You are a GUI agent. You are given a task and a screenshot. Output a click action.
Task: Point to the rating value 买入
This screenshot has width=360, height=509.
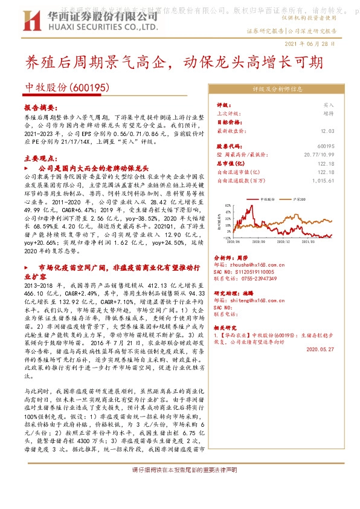[x=329, y=105]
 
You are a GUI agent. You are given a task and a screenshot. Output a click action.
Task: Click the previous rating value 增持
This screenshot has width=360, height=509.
[x=329, y=113]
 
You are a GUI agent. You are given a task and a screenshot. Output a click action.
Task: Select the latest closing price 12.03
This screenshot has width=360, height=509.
[x=327, y=130]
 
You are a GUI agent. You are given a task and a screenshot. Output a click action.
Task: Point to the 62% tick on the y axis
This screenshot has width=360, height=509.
[x=227, y=206]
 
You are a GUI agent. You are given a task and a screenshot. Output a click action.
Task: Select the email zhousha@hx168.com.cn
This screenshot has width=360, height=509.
[x=250, y=264]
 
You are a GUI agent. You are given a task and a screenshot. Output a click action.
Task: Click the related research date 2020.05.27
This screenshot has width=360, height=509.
[x=321, y=349]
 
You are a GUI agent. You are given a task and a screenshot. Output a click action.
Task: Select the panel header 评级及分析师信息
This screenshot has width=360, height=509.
[x=277, y=89]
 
